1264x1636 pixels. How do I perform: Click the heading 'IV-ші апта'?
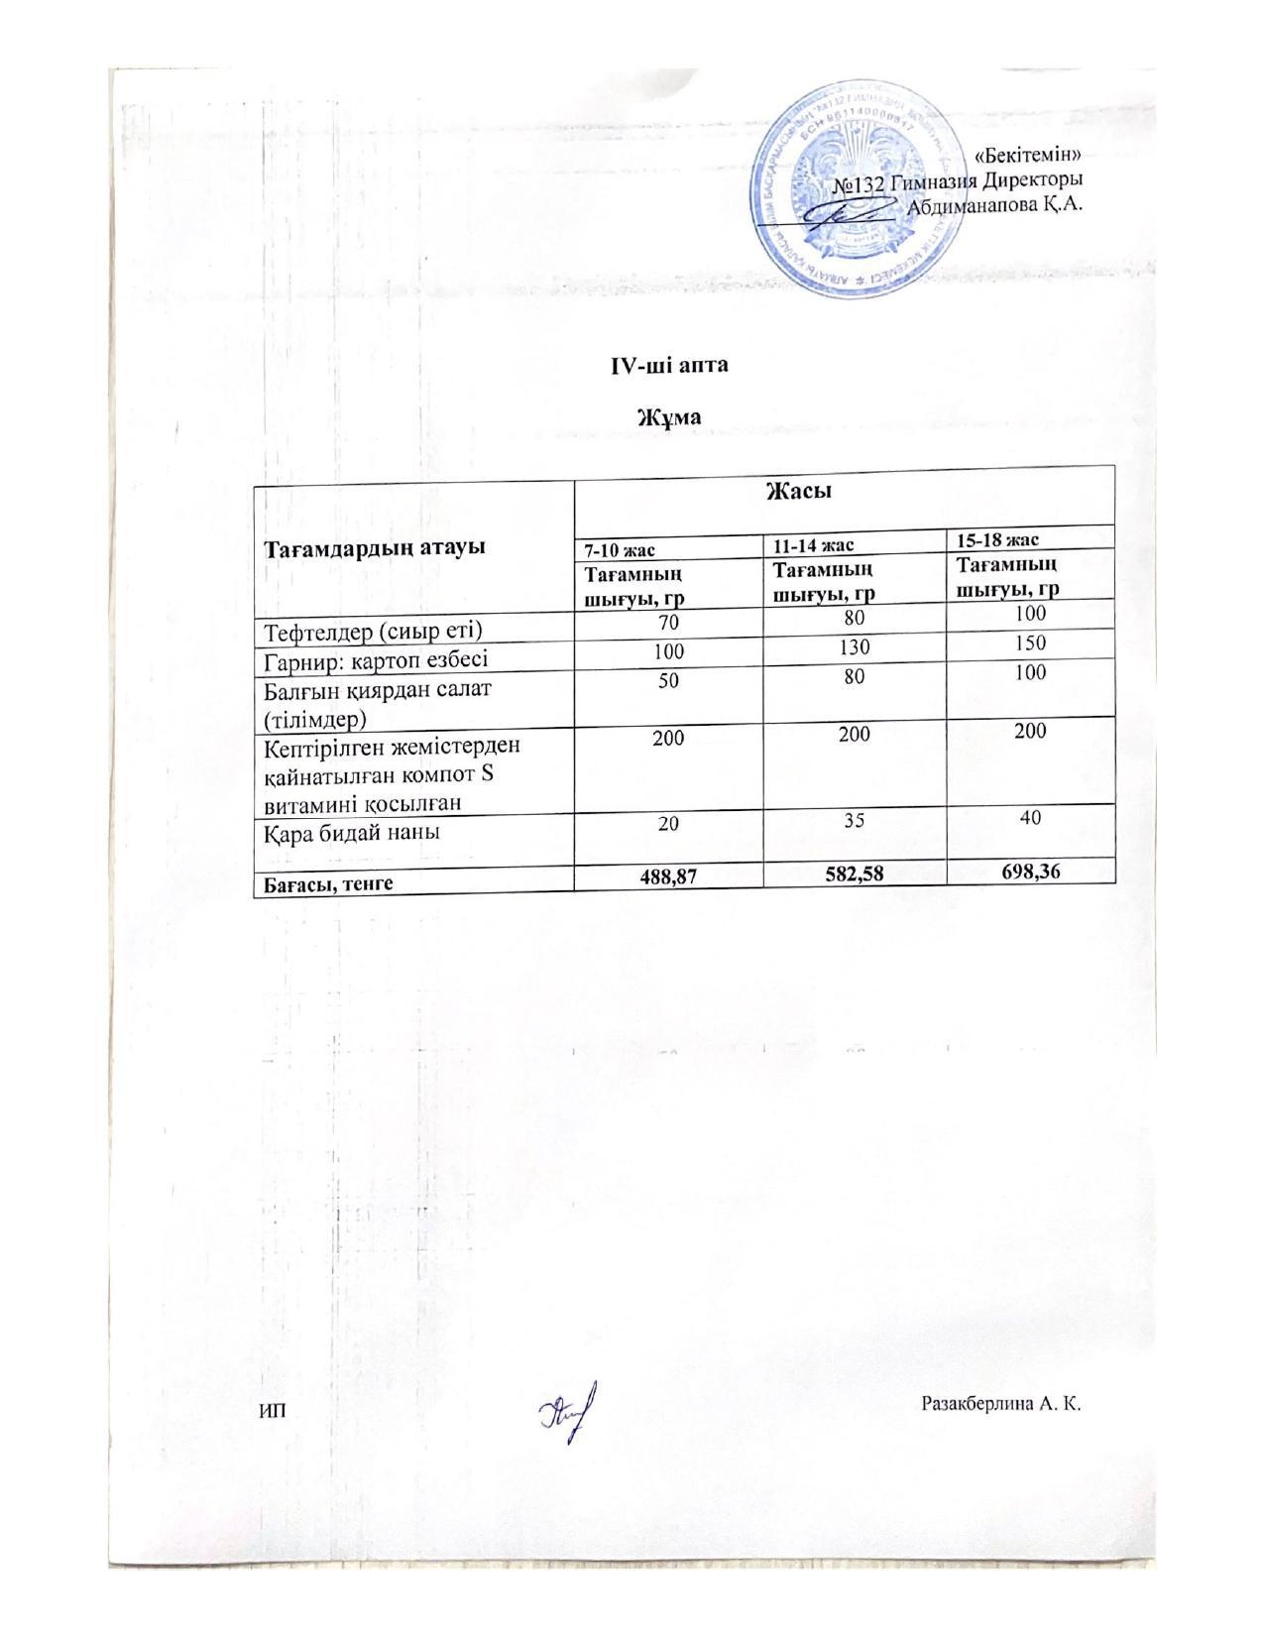(x=668, y=365)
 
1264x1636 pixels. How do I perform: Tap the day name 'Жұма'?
(x=668, y=416)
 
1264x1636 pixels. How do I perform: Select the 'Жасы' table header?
(x=797, y=491)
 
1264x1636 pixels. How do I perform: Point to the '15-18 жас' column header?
(x=997, y=539)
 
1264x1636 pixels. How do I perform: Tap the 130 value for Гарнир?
(x=854, y=647)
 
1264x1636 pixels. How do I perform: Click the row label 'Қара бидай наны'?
(x=352, y=833)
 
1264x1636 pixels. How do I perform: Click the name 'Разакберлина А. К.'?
(x=999, y=1404)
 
